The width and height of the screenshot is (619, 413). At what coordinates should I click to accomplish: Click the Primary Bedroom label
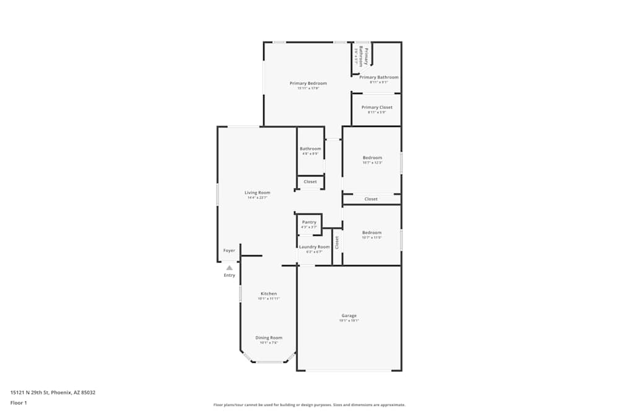click(308, 83)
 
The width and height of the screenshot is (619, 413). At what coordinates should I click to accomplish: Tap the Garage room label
click(348, 316)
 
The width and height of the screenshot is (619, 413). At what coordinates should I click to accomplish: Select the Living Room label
click(258, 193)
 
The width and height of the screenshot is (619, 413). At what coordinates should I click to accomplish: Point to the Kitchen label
click(269, 293)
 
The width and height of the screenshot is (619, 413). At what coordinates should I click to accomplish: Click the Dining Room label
click(269, 337)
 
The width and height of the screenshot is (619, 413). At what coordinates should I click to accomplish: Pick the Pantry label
click(309, 222)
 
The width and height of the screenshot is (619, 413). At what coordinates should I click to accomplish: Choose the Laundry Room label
click(314, 246)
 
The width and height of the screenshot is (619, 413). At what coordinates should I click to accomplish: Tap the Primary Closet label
click(377, 107)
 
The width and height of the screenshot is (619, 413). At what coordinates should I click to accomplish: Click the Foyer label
click(229, 251)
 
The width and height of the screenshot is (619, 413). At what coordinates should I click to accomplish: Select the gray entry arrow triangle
click(230, 268)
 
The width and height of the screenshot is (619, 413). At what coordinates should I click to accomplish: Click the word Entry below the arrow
click(230, 276)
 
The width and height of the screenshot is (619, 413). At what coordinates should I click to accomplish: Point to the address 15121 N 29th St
click(53, 392)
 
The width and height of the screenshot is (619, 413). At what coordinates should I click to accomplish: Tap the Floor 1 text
click(19, 402)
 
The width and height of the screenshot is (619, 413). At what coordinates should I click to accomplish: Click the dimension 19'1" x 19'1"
click(348, 321)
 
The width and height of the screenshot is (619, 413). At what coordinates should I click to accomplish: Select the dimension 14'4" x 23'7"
click(258, 198)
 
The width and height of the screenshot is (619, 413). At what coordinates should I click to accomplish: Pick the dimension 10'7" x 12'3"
click(372, 163)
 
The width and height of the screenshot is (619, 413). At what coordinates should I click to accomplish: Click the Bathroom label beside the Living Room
click(310, 149)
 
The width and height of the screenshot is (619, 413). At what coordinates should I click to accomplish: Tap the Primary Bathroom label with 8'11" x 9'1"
click(379, 77)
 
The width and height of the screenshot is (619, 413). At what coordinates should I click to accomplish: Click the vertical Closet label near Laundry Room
click(337, 242)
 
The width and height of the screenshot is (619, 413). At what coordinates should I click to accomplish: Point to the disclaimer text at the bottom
click(309, 405)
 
